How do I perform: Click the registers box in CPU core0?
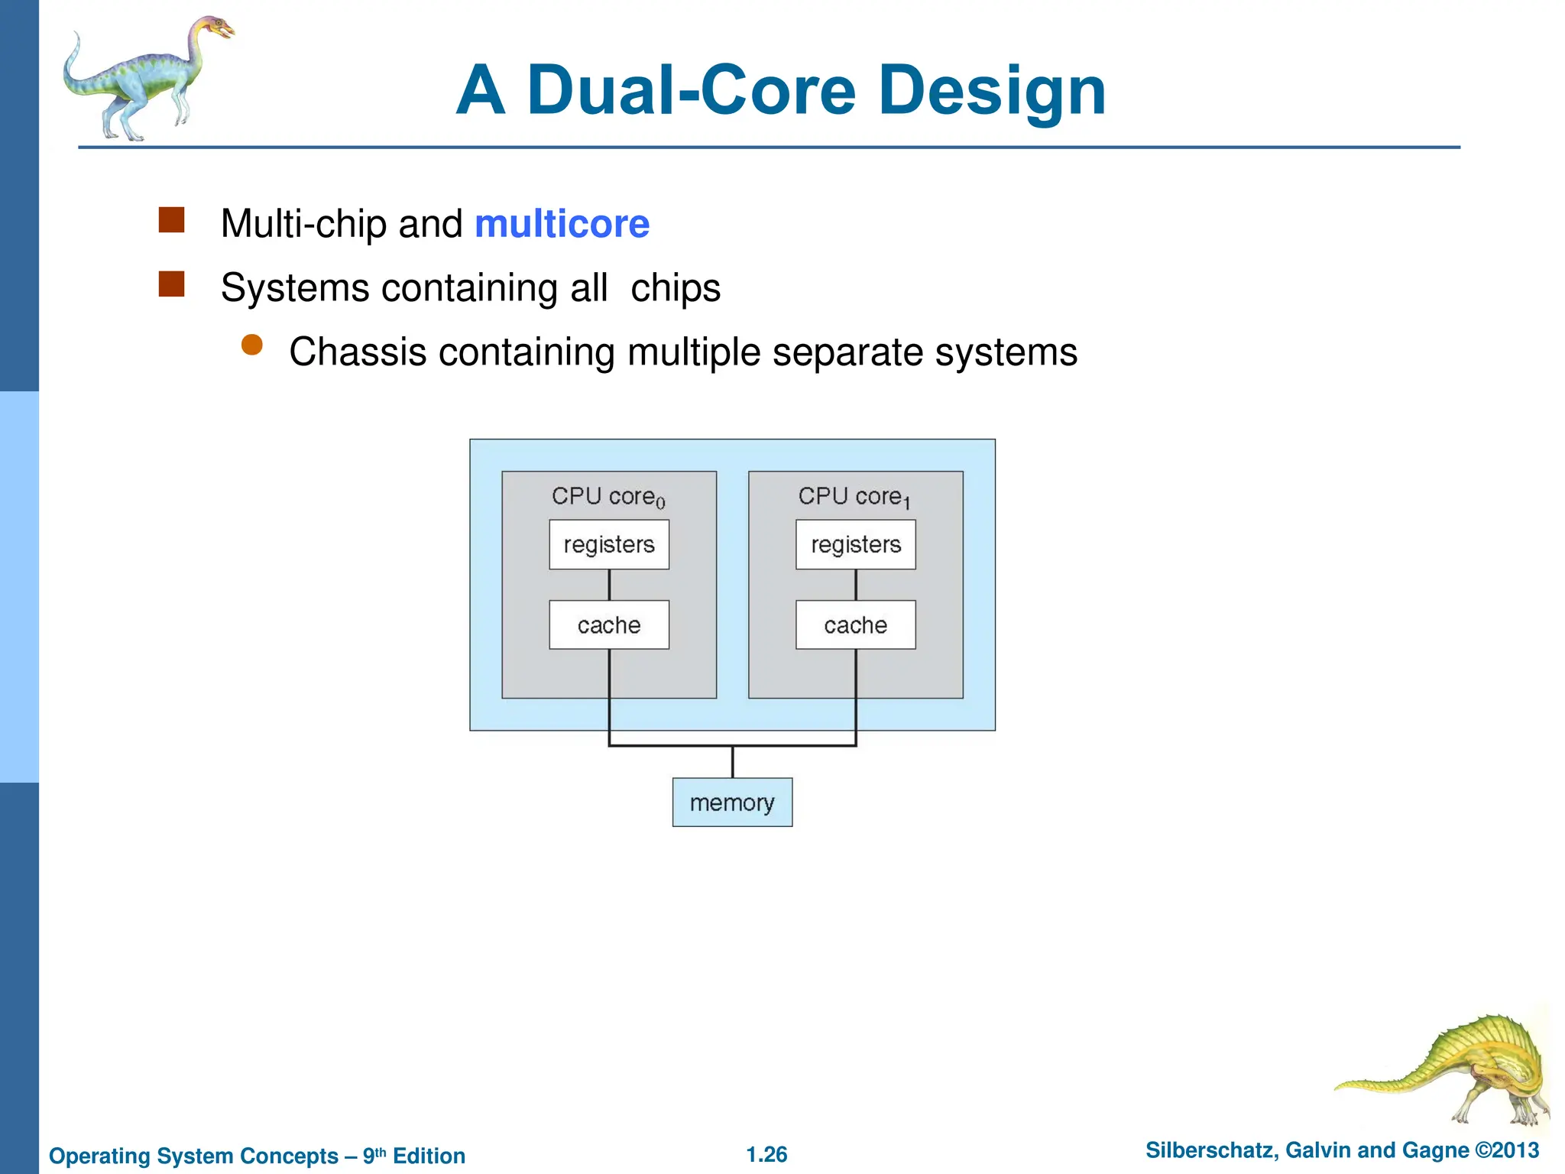(609, 544)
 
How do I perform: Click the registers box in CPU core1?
(855, 544)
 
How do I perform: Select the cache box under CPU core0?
(609, 624)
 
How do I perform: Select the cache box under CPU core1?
(855, 624)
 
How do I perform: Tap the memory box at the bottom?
(732, 802)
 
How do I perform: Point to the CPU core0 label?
(608, 497)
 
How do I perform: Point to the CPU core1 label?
(854, 497)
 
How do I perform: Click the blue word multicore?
(562, 224)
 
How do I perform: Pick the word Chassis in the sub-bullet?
(358, 352)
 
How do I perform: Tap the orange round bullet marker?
(252, 345)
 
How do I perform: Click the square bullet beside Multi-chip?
(171, 220)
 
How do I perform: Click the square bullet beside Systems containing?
(171, 284)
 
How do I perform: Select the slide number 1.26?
(766, 1154)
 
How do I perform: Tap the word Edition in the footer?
(429, 1156)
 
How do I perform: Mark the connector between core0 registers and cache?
(609, 585)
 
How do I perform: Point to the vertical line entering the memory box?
(732, 762)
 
